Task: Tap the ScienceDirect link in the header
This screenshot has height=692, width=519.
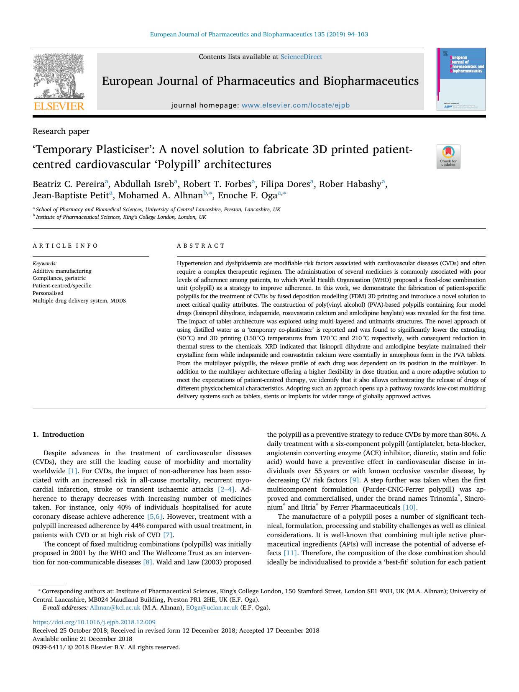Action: tap(301, 57)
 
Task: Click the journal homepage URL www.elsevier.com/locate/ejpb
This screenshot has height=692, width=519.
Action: tap(296, 105)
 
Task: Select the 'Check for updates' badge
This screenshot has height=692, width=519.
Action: tap(448, 156)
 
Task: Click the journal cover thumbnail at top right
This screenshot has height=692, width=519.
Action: tap(461, 79)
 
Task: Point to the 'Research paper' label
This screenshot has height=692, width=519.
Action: tap(61, 131)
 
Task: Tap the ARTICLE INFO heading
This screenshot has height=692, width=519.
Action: tap(65, 246)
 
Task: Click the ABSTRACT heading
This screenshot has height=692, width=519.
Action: tap(201, 246)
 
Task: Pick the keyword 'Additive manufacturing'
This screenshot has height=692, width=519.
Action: tap(62, 271)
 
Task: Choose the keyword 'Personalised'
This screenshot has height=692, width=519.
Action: tap(48, 293)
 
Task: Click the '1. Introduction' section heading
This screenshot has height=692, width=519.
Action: tap(58, 435)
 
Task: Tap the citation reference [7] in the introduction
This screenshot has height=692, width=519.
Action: tap(168, 535)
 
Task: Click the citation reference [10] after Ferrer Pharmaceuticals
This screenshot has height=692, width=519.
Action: tap(409, 507)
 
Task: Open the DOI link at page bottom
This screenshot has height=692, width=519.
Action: tap(94, 622)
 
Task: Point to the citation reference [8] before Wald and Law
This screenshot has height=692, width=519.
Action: tap(148, 562)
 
